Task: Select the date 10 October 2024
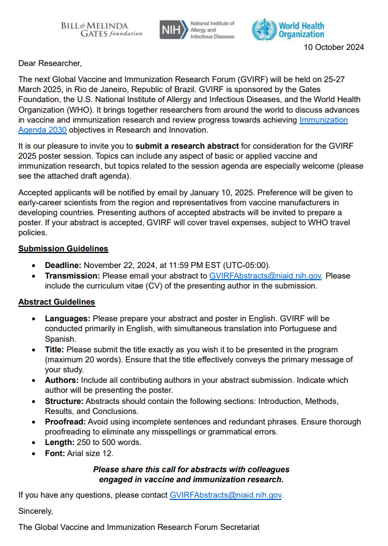334,47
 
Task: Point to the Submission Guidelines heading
63,249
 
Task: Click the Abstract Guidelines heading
57,302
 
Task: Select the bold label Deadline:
63,265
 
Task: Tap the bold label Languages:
68,318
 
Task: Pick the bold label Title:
54,350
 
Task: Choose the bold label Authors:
62,380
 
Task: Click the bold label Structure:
64,401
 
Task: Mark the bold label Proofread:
65,422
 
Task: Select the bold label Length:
58,442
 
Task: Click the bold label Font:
54,453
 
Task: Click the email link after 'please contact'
226,495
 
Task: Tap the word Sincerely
36,511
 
